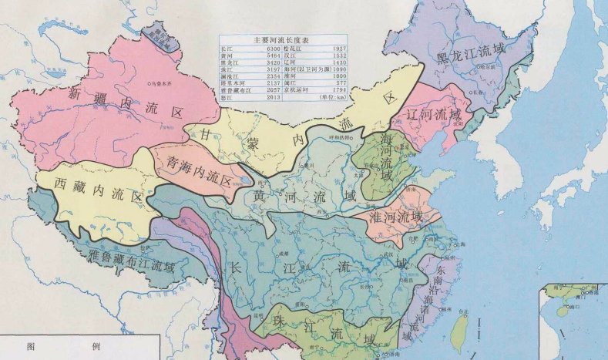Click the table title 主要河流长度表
pos(284,39)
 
